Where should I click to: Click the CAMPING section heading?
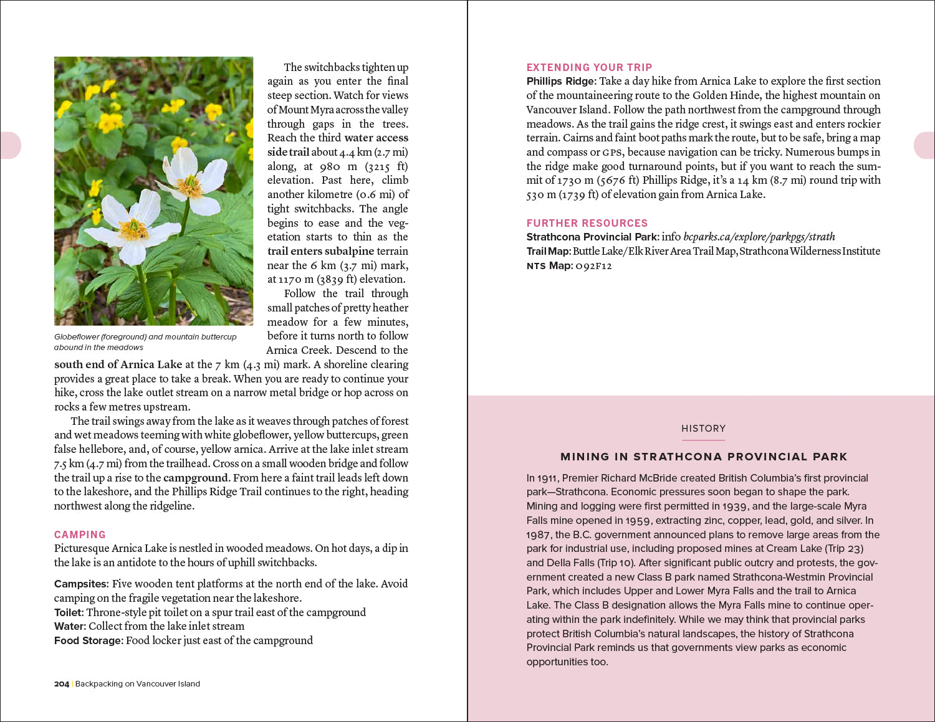(80, 534)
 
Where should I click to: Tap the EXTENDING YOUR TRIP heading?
(589, 67)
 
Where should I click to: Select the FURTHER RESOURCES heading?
(587, 223)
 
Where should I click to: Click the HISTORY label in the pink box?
(703, 429)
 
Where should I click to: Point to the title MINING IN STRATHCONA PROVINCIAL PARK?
(703, 457)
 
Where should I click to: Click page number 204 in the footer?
(61, 684)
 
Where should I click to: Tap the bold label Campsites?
(81, 584)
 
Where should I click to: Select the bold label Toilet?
(69, 612)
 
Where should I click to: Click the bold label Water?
(69, 626)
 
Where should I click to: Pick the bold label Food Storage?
(88, 640)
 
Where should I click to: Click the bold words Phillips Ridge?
(561, 81)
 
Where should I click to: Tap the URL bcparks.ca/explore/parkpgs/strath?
(759, 237)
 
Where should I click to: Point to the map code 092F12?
(593, 266)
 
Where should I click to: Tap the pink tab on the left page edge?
(11, 145)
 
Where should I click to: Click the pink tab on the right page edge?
(924, 145)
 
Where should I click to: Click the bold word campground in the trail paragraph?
(195, 478)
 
